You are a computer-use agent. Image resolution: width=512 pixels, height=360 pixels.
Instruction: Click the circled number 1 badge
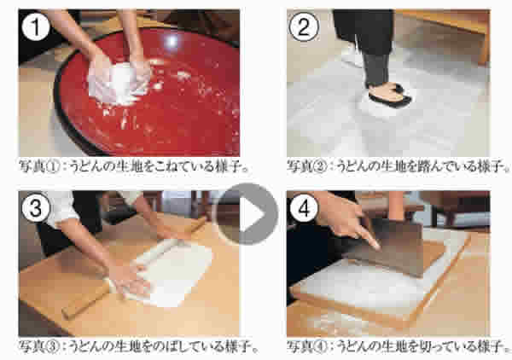[x=35, y=28]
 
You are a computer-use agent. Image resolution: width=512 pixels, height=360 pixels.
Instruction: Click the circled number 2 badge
[x=304, y=28]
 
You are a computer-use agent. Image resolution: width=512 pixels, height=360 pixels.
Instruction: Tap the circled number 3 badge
[x=35, y=208]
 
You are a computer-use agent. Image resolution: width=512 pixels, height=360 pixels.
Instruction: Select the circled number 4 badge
[x=304, y=208]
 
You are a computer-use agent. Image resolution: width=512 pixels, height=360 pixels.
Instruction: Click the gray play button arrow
[x=247, y=214]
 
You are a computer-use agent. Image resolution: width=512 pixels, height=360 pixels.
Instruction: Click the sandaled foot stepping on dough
[x=389, y=95]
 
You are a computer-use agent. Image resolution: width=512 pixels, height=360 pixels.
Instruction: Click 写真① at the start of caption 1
[x=39, y=166]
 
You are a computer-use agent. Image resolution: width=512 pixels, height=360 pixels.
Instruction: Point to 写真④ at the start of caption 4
[x=307, y=346]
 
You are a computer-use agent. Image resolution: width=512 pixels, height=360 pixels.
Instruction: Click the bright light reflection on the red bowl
[x=172, y=41]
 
